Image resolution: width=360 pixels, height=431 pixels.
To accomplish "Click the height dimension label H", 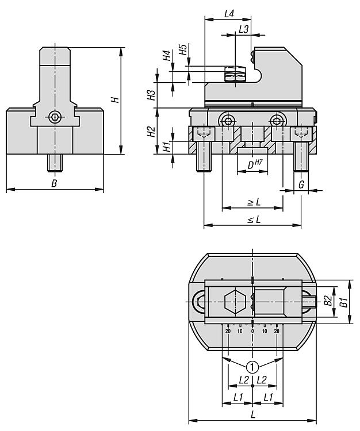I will click(x=115, y=99).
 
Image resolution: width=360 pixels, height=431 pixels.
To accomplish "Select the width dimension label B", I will click(x=54, y=183).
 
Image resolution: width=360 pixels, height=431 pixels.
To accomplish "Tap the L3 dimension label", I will click(x=243, y=29).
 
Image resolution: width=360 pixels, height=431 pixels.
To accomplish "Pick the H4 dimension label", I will click(x=167, y=56).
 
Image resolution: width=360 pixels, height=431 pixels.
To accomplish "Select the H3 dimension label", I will click(x=151, y=95).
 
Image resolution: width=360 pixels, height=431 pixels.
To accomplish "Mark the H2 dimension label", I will click(x=151, y=132).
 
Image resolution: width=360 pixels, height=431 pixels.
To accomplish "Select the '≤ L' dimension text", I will click(x=253, y=219).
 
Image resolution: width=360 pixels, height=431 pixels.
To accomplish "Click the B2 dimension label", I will click(x=327, y=301).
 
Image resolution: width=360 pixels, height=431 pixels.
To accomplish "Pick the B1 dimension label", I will click(x=342, y=302).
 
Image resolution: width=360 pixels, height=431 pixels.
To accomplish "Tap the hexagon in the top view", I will click(x=235, y=302).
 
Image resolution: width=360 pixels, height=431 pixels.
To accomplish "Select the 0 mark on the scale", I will click(x=252, y=331).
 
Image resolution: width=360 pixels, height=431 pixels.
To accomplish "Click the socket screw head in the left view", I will click(x=55, y=117).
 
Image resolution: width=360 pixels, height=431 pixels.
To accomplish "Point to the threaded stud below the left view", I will click(x=55, y=162).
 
